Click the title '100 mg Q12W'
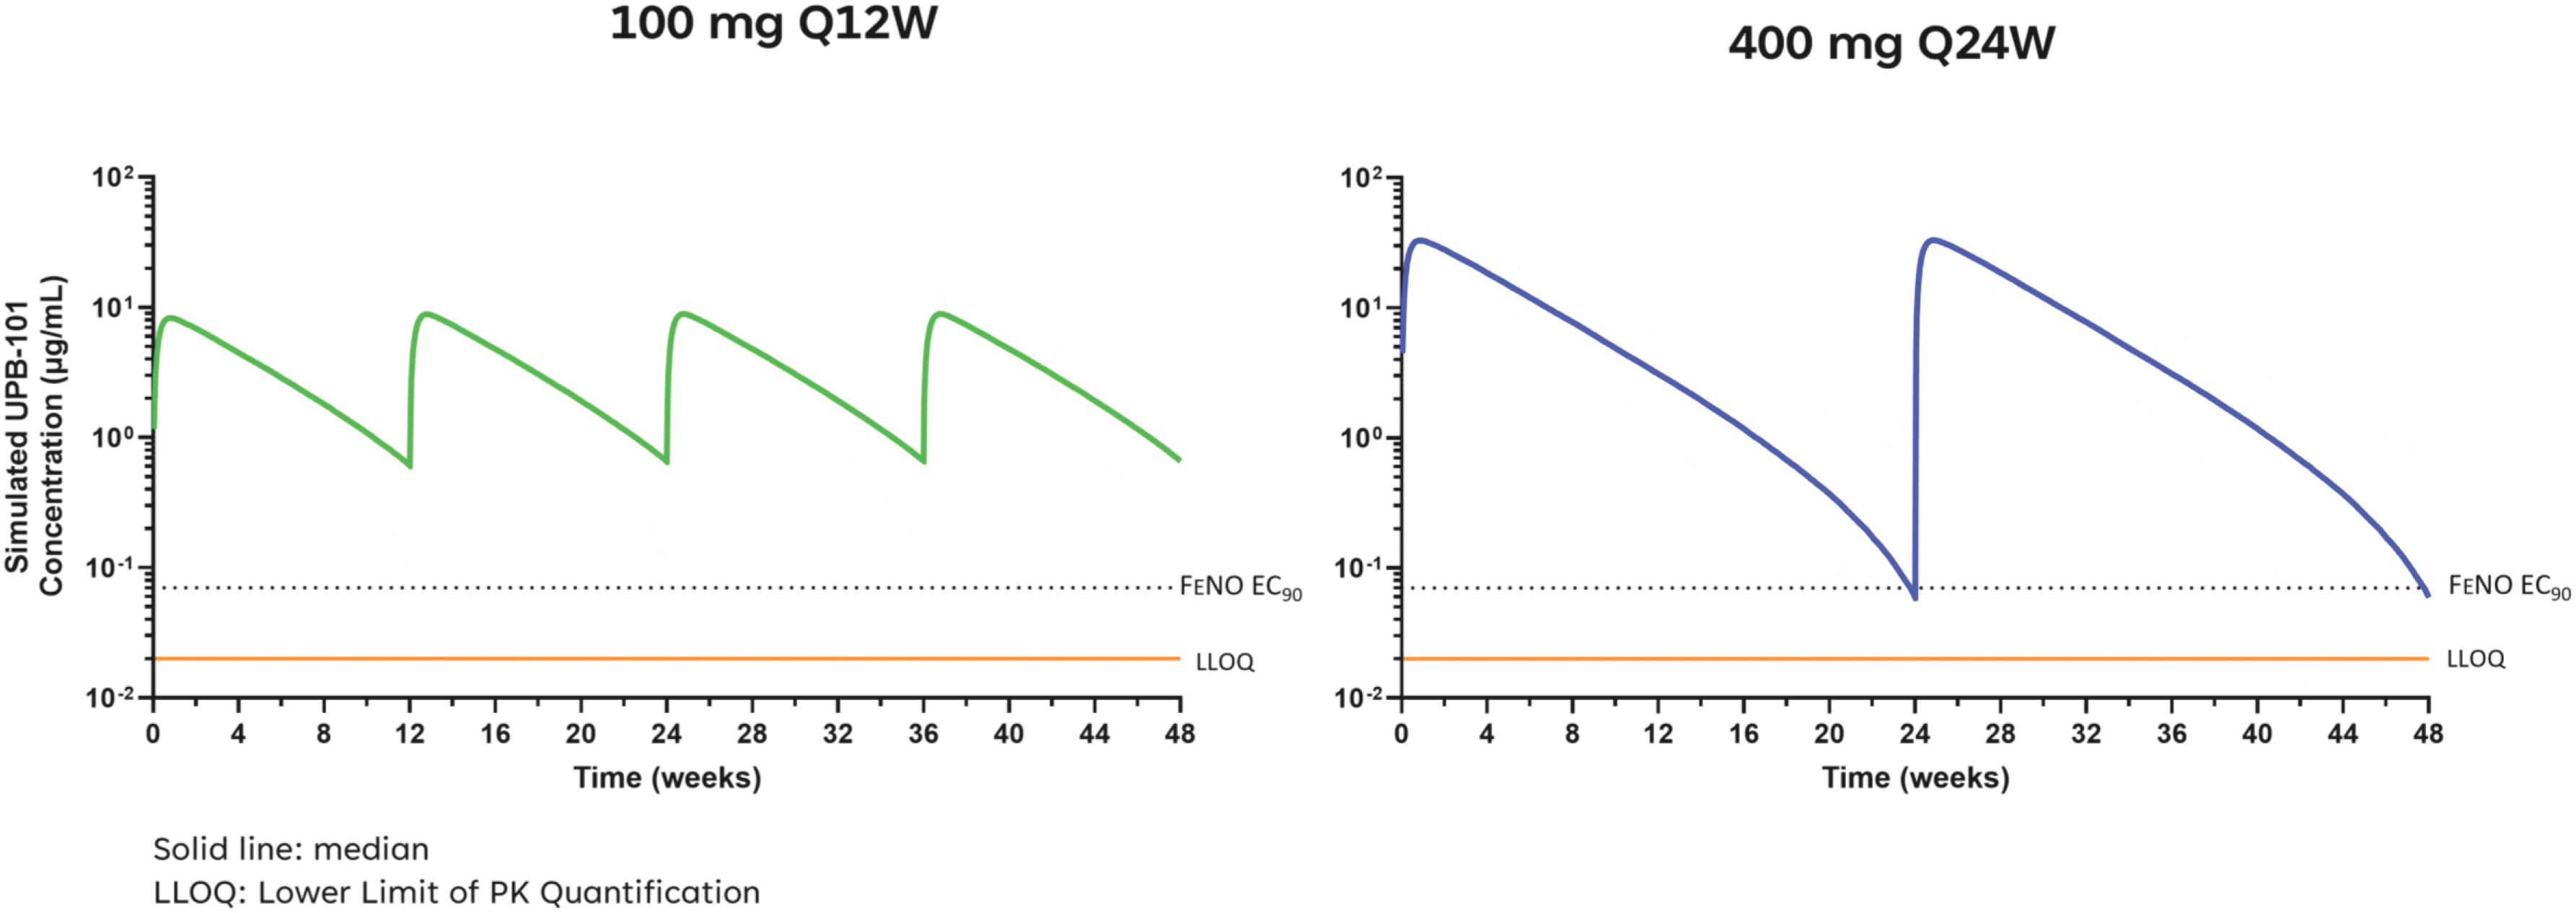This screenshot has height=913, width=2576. click(x=773, y=23)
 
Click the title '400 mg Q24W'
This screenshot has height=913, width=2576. click(x=1891, y=44)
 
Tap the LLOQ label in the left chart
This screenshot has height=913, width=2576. click(x=1224, y=662)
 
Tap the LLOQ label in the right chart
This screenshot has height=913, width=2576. click(x=2475, y=659)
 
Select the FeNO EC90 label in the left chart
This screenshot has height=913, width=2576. click(x=1240, y=587)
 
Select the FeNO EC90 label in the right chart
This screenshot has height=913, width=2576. click(x=2508, y=586)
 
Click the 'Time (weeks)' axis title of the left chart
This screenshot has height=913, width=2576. click(x=667, y=778)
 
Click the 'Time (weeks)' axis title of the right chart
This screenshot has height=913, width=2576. click(x=1915, y=778)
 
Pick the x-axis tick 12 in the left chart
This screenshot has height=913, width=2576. click(x=409, y=734)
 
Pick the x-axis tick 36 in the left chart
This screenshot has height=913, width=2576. click(x=923, y=734)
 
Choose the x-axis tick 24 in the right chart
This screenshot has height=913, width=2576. click(x=1914, y=734)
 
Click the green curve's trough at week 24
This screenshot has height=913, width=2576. click(x=666, y=462)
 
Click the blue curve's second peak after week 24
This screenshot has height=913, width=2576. click(x=1934, y=240)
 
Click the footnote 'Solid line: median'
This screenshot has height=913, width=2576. click(x=290, y=849)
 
